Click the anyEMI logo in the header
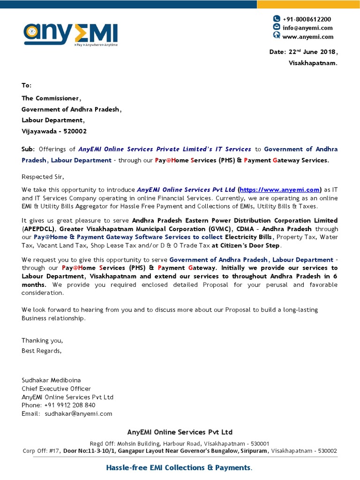click(71, 34)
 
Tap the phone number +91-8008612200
click(307, 19)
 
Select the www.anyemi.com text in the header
click(307, 37)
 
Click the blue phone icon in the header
click(277, 19)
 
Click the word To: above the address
click(26, 85)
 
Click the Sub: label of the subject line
click(28, 149)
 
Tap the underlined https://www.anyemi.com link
click(280, 190)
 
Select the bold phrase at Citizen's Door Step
click(246, 246)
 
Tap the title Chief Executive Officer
click(56, 389)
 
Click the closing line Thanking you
click(42, 341)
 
